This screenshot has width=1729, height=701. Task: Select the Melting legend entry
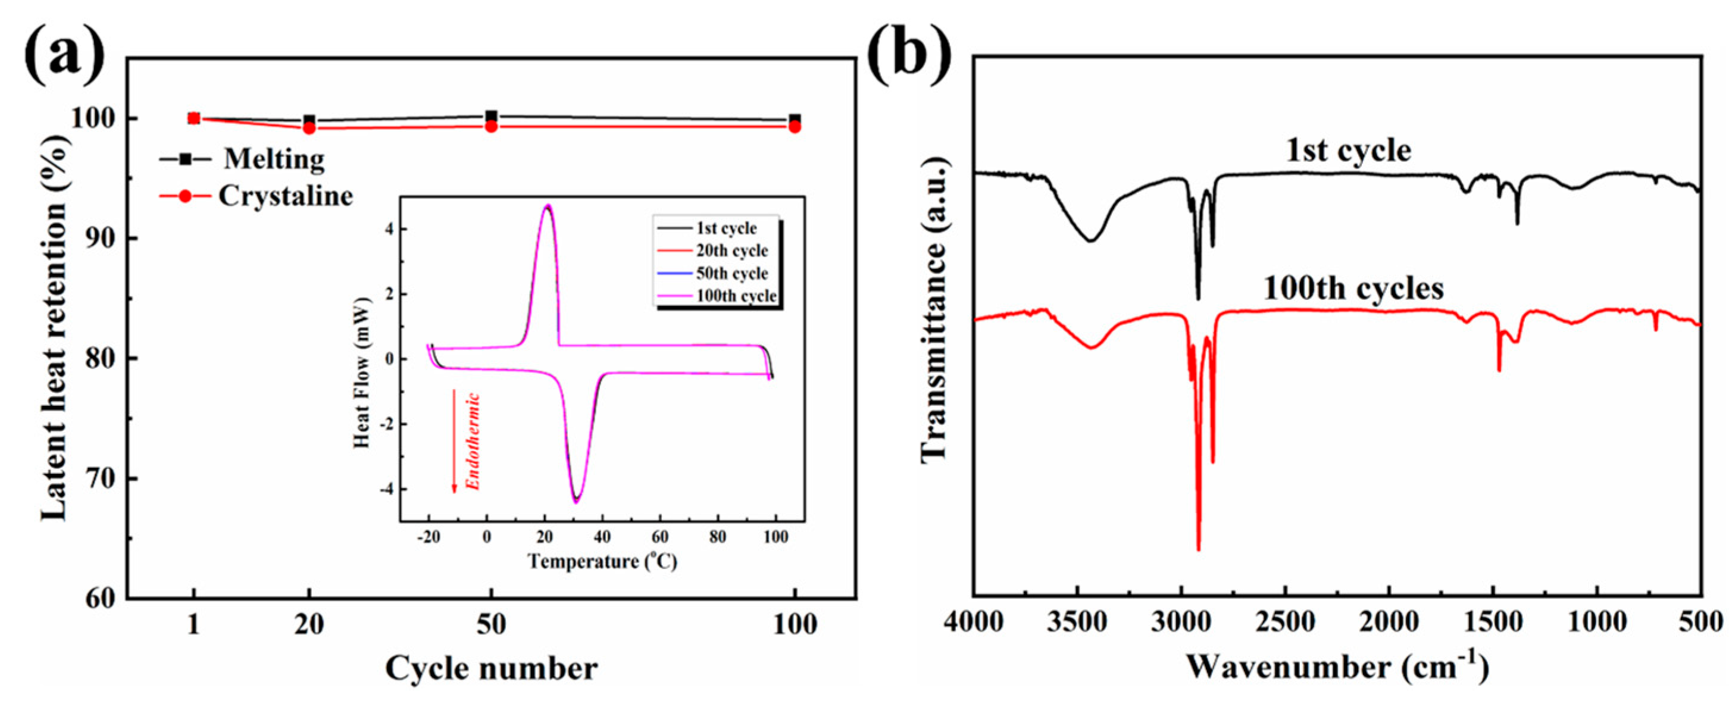coord(274,159)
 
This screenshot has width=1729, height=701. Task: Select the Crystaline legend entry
coord(285,196)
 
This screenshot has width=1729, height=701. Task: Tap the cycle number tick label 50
coord(491,625)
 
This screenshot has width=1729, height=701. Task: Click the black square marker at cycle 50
coord(491,116)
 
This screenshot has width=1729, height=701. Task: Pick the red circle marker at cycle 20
coord(309,128)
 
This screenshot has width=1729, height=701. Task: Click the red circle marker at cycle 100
coord(795,127)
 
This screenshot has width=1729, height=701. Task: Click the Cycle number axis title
coord(491,668)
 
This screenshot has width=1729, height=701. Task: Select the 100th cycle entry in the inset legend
coord(736,296)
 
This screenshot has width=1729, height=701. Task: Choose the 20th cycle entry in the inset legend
coord(731,251)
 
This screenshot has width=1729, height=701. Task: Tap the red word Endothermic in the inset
coord(474,442)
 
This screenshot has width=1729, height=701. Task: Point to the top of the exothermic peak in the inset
coord(548,206)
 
